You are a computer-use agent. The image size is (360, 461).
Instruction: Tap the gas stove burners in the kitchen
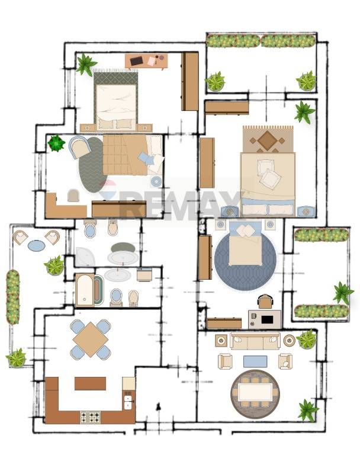(x=90, y=417)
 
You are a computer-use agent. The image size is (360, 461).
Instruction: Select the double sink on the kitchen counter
(x=128, y=402)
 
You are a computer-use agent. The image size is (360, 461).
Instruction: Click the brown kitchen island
(x=90, y=384)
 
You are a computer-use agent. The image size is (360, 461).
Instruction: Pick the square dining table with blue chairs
(x=91, y=340)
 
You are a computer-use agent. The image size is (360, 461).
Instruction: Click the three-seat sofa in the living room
(x=255, y=341)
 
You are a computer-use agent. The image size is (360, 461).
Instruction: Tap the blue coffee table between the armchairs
(x=255, y=361)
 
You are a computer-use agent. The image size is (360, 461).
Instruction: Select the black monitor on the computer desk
(x=267, y=319)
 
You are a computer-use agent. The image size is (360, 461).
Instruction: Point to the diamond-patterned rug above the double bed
(x=268, y=139)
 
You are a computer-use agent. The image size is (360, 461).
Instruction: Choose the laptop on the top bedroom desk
(x=136, y=61)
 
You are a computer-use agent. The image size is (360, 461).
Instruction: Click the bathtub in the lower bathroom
(x=85, y=290)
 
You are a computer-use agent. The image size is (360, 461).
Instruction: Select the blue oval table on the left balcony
(x=37, y=245)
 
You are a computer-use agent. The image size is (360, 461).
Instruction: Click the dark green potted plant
(x=56, y=143)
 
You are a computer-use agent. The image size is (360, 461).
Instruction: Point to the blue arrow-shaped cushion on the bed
(x=147, y=159)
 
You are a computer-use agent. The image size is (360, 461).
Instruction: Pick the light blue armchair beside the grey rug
(x=79, y=147)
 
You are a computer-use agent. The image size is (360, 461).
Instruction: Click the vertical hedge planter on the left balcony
(x=13, y=297)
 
